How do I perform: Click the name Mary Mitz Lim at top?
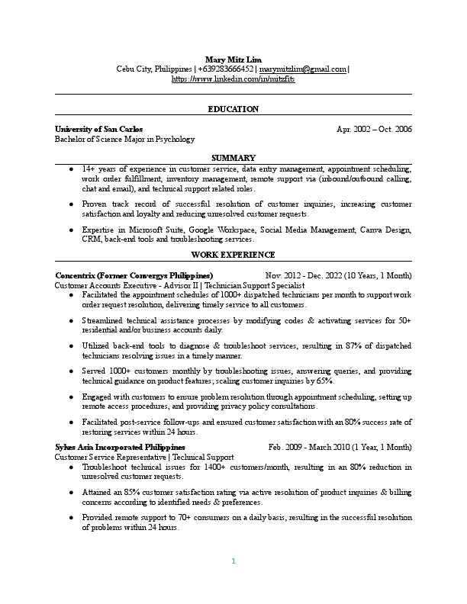pyautogui.click(x=233, y=59)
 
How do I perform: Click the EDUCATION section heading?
pyautogui.click(x=233, y=109)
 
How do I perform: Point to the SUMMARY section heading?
pyautogui.click(x=233, y=157)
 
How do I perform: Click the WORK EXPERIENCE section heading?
pyautogui.click(x=233, y=255)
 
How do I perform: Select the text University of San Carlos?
pyautogui.click(x=99, y=130)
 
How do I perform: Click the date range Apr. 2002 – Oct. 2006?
pyautogui.click(x=374, y=130)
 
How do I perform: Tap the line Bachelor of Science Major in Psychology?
pyautogui.click(x=125, y=140)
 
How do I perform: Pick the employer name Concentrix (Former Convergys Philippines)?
pyautogui.click(x=134, y=275)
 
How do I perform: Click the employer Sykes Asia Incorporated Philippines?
pyautogui.click(x=120, y=447)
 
